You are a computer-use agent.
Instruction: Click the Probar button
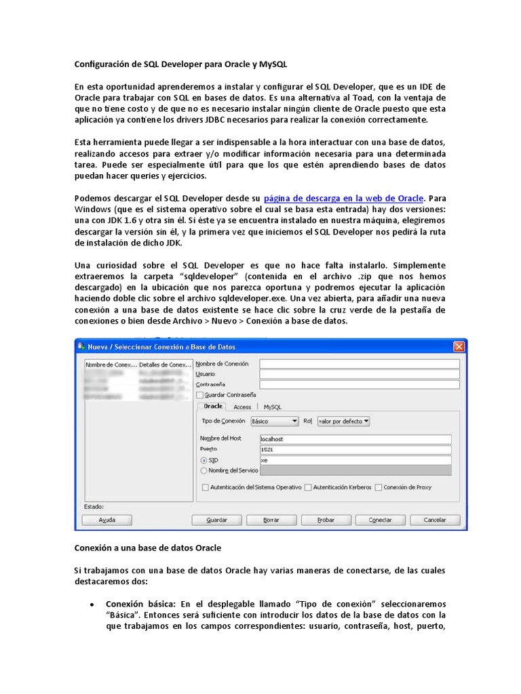pos(326,520)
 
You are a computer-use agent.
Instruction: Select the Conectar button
pos(380,520)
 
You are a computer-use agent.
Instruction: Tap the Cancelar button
pos(435,520)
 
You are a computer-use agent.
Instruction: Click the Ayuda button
pos(107,520)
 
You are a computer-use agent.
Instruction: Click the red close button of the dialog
pos(459,347)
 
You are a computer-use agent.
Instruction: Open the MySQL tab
pos(272,407)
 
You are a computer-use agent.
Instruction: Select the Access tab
pos(242,407)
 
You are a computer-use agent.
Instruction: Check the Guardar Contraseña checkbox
pos(199,394)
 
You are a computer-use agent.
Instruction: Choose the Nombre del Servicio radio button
pos(204,470)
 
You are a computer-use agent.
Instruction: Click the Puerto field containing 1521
pos(355,449)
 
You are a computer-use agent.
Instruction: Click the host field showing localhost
pos(355,438)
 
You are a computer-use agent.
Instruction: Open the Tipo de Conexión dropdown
pos(274,421)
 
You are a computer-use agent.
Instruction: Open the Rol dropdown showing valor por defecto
pos(343,421)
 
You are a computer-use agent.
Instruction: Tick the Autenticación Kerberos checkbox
pos(308,487)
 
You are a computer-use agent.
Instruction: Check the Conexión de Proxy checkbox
pos(379,487)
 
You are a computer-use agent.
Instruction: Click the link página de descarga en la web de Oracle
pos(343,198)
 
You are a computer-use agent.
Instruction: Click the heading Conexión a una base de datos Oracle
pos(147,546)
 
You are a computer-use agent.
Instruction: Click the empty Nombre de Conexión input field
pos(359,363)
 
